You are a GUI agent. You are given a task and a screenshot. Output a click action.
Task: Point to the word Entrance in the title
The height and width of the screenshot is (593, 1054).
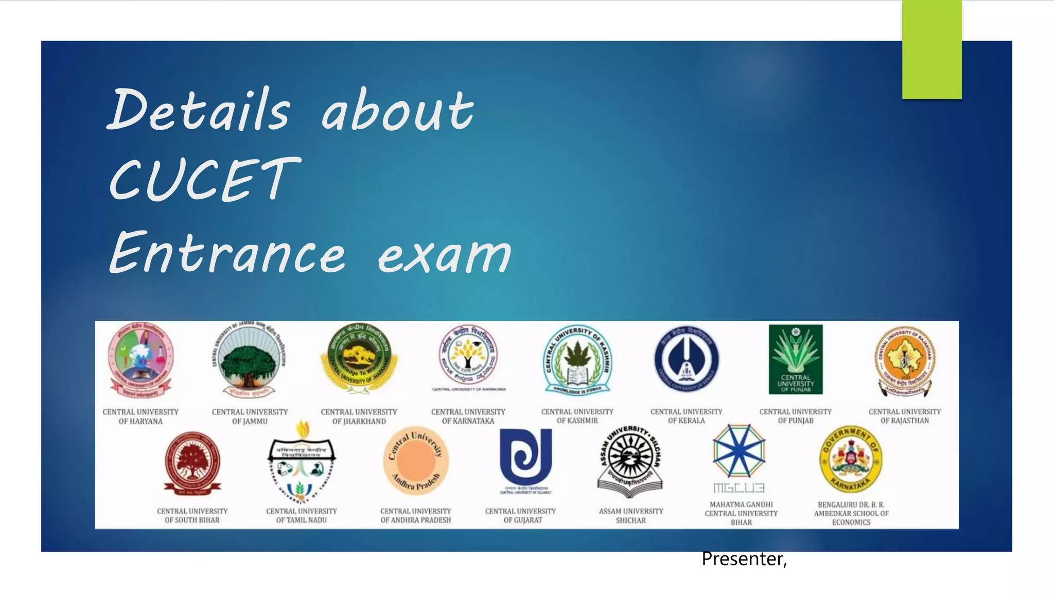(227, 253)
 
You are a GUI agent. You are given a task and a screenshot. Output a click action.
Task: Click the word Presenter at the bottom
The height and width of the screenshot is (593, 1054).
(743, 559)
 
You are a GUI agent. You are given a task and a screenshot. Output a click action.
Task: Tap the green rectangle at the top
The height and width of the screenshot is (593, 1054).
(932, 49)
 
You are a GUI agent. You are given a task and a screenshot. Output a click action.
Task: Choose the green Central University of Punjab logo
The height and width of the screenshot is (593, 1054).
(796, 359)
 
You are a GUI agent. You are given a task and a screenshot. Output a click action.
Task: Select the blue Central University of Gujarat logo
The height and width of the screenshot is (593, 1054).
(525, 458)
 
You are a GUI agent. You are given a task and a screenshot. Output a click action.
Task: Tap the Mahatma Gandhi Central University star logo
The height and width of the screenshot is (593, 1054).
(739, 451)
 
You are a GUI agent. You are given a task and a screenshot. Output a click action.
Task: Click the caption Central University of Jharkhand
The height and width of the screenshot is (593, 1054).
(359, 416)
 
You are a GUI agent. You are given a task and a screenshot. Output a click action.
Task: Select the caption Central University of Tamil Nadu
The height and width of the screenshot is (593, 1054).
(302, 516)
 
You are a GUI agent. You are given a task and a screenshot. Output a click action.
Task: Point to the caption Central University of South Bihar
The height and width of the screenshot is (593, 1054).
(192, 516)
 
